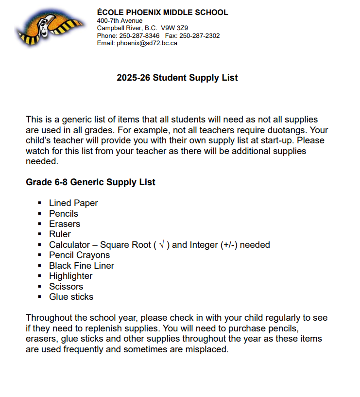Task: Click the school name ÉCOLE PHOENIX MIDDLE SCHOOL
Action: (x=162, y=13)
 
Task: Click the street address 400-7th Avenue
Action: (x=120, y=21)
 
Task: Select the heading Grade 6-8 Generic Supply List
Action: (x=90, y=182)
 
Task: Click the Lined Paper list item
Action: (x=73, y=203)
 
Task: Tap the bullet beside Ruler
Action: (x=39, y=234)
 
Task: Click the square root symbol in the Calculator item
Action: (x=162, y=245)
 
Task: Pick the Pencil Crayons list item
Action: (x=79, y=255)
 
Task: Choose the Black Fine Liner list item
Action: (x=81, y=266)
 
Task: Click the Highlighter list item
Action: (x=70, y=276)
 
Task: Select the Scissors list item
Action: (x=66, y=287)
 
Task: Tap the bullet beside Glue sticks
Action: (x=39, y=297)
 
